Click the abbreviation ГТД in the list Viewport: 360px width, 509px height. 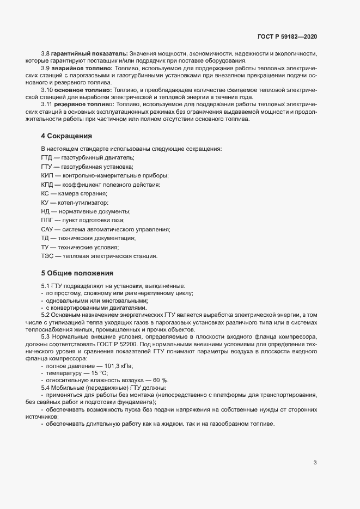(x=47, y=157)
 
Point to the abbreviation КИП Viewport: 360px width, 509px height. (x=47, y=175)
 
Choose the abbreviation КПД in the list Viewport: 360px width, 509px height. (x=47, y=185)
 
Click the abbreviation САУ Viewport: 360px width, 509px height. (x=47, y=230)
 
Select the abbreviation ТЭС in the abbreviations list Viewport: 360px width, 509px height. (x=47, y=257)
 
